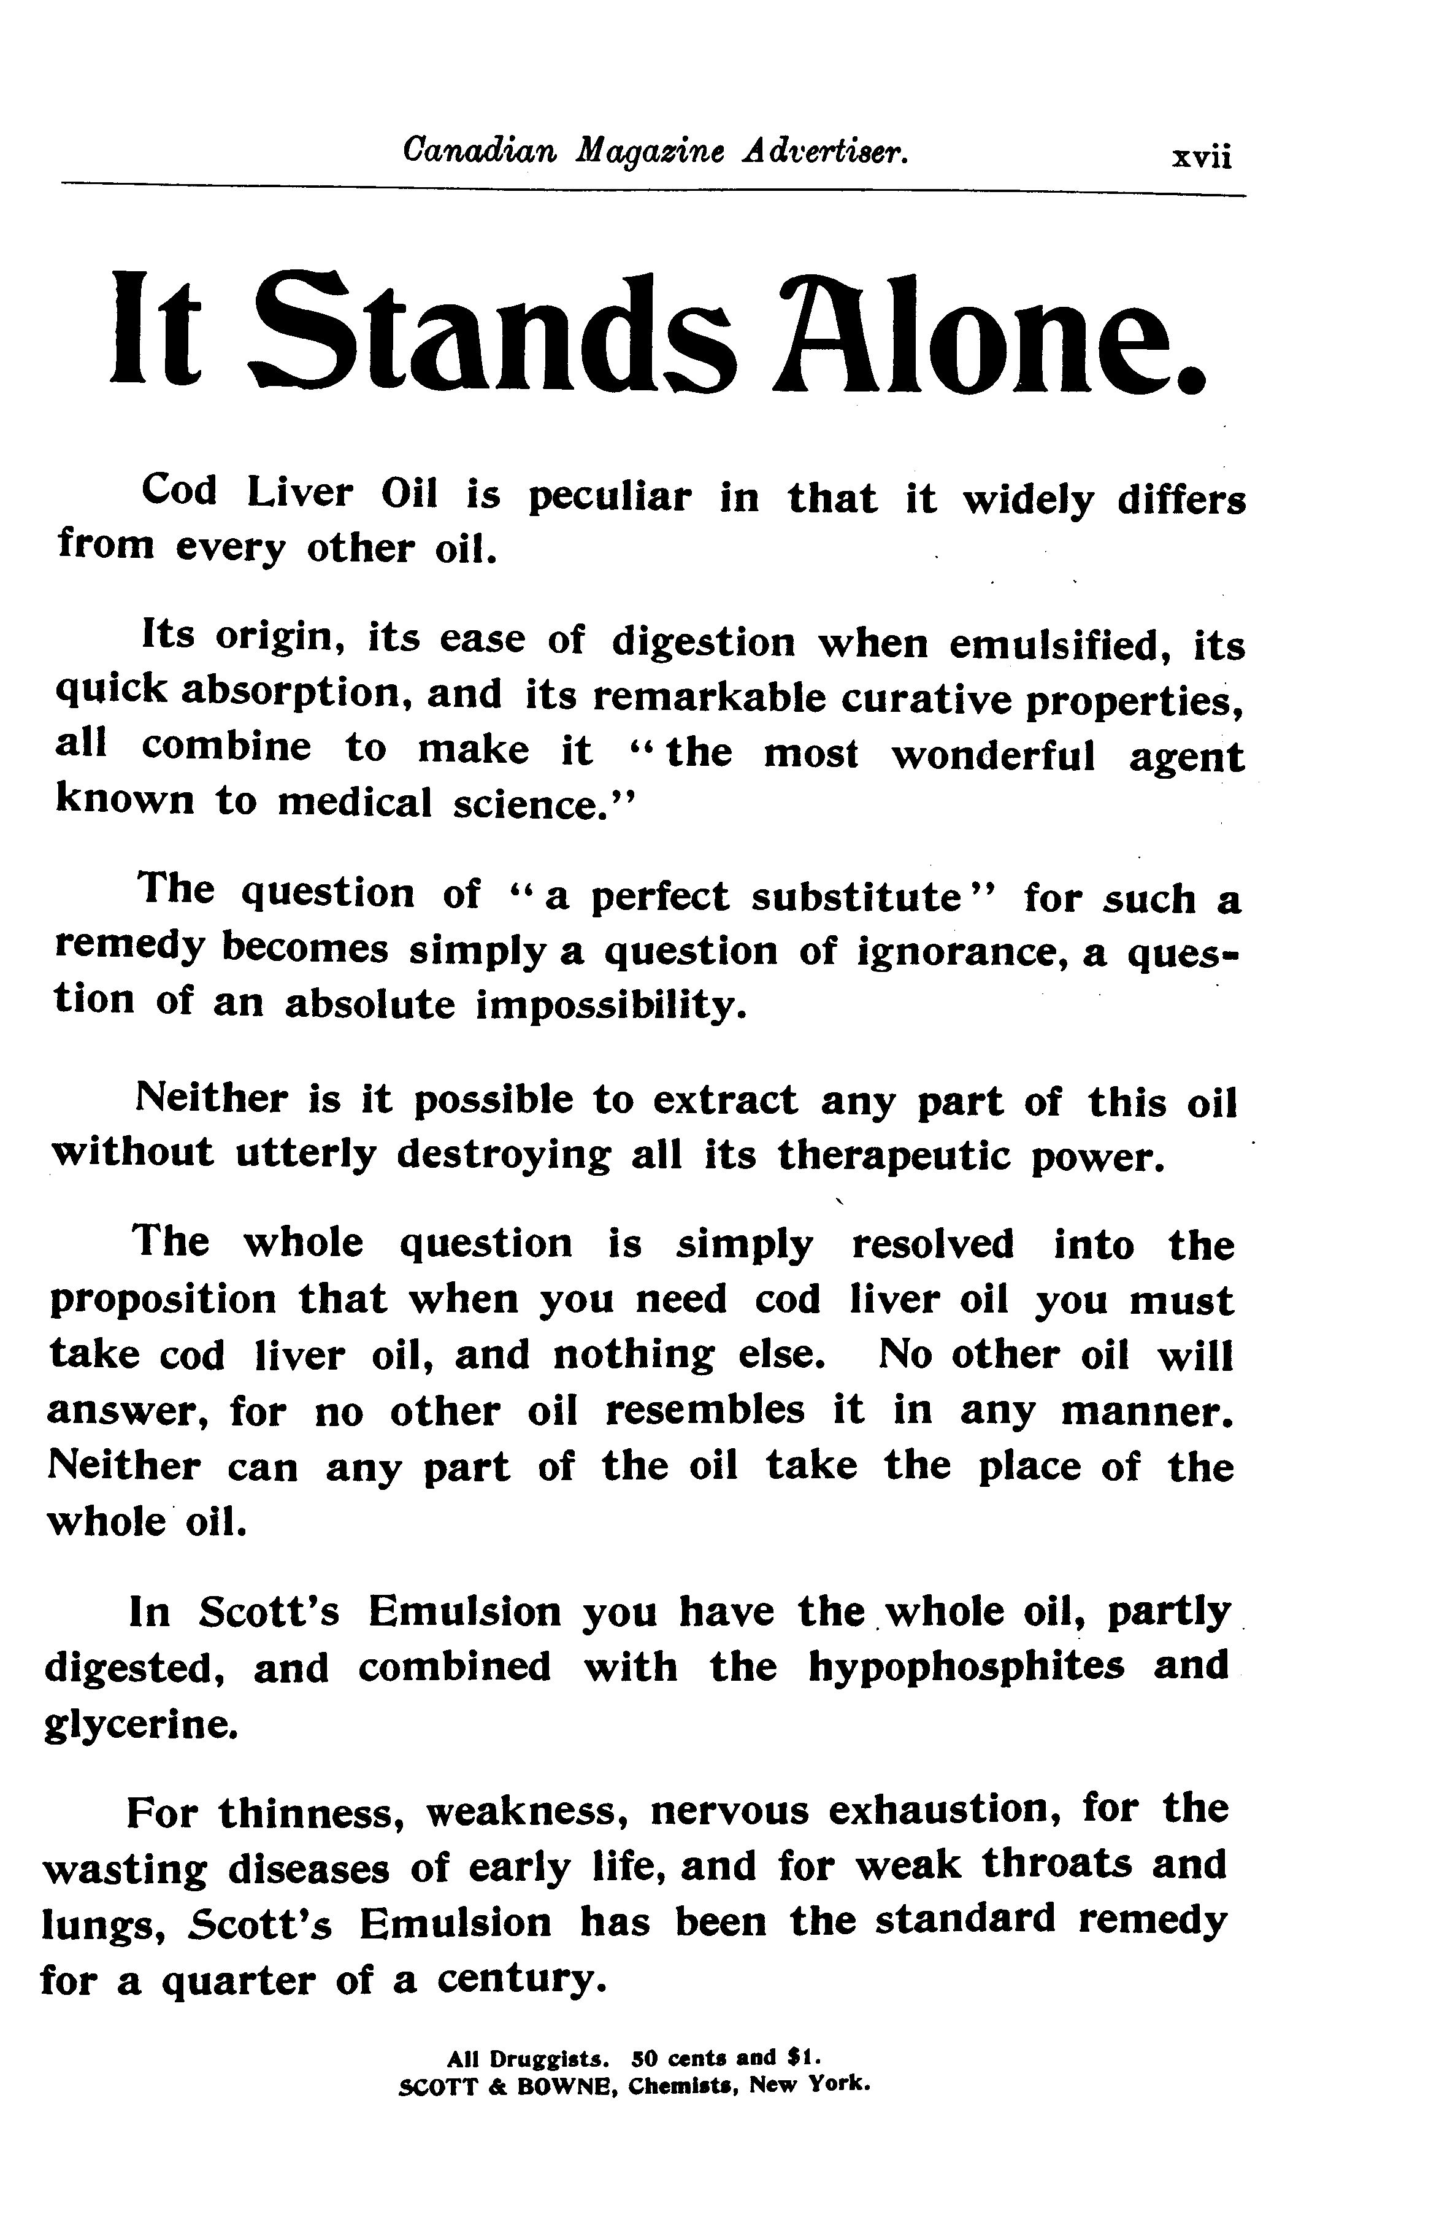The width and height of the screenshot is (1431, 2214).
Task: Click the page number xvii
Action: pyautogui.click(x=1202, y=157)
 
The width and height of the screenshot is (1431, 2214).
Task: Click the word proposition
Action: pyautogui.click(x=163, y=1300)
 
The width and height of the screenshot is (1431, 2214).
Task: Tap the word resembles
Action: pyautogui.click(x=704, y=1411)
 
